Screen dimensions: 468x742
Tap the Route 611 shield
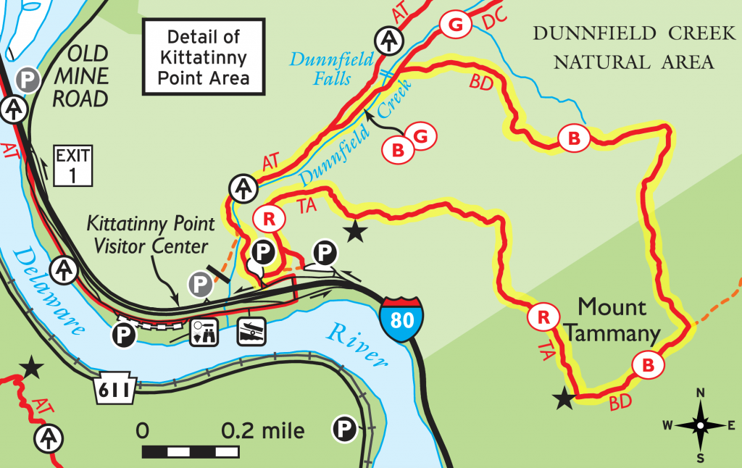pyautogui.click(x=114, y=391)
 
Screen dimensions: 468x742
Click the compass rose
pyautogui.click(x=700, y=425)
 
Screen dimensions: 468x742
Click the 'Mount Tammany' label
pyautogui.click(x=613, y=320)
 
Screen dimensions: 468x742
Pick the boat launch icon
pyautogui.click(x=250, y=332)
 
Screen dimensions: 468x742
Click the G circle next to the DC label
pyautogui.click(x=455, y=25)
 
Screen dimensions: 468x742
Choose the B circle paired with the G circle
pyautogui.click(x=397, y=150)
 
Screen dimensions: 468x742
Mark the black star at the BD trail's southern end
pyautogui.click(x=562, y=398)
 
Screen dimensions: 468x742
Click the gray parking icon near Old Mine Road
pyautogui.click(x=28, y=79)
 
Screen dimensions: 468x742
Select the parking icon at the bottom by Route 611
pyautogui.click(x=344, y=430)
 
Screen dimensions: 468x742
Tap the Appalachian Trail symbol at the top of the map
pyautogui.click(x=390, y=39)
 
